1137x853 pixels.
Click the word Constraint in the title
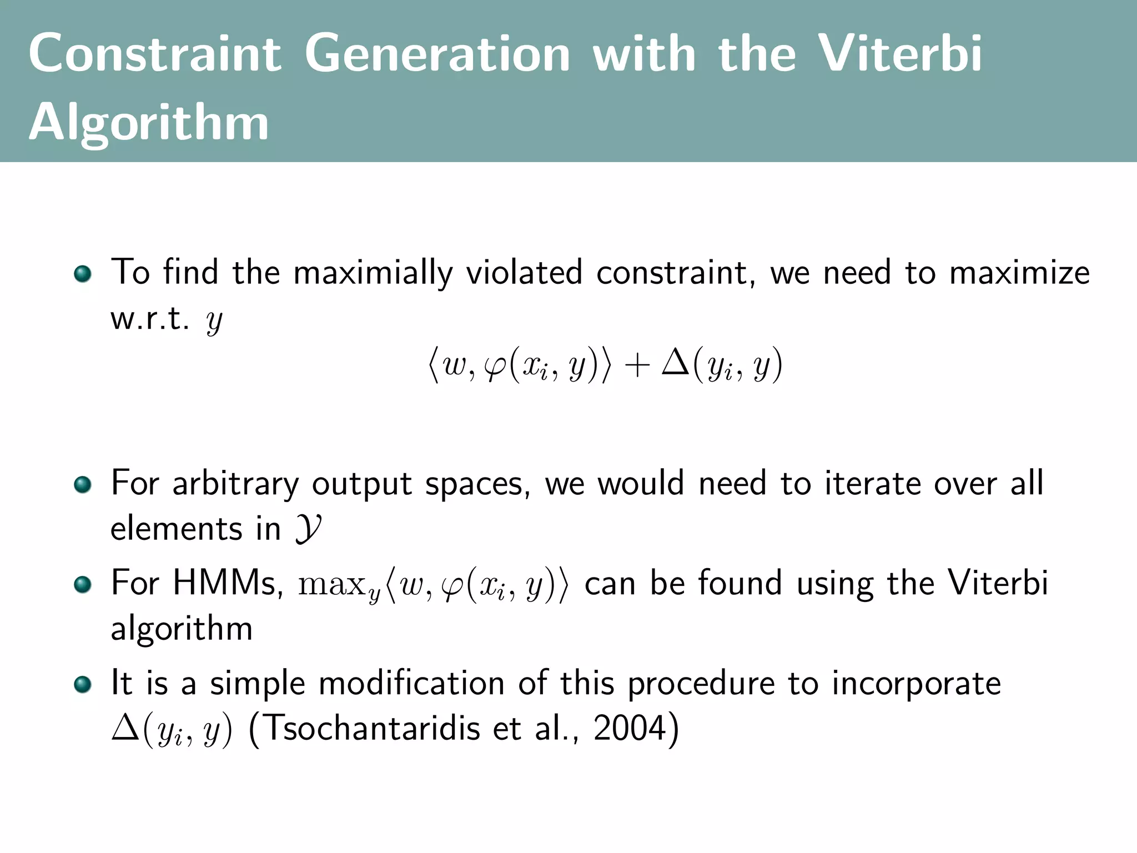155,54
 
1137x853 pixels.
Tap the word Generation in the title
437,54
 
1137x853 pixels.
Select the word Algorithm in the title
149,123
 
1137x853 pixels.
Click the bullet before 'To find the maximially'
82,274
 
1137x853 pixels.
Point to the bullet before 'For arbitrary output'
82,484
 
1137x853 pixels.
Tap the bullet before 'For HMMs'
82,584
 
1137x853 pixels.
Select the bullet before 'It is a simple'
82,684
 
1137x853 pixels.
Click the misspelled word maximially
373,273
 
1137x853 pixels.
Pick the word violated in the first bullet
524,273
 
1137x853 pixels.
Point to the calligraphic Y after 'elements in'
308,529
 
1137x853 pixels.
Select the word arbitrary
235,484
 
